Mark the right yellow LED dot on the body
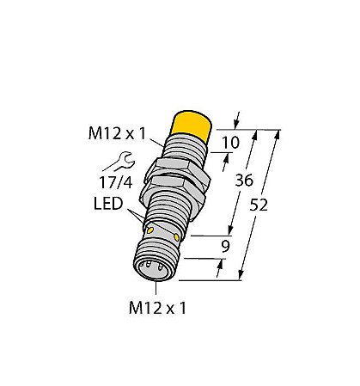(178, 236)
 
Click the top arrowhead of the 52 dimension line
(278, 132)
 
